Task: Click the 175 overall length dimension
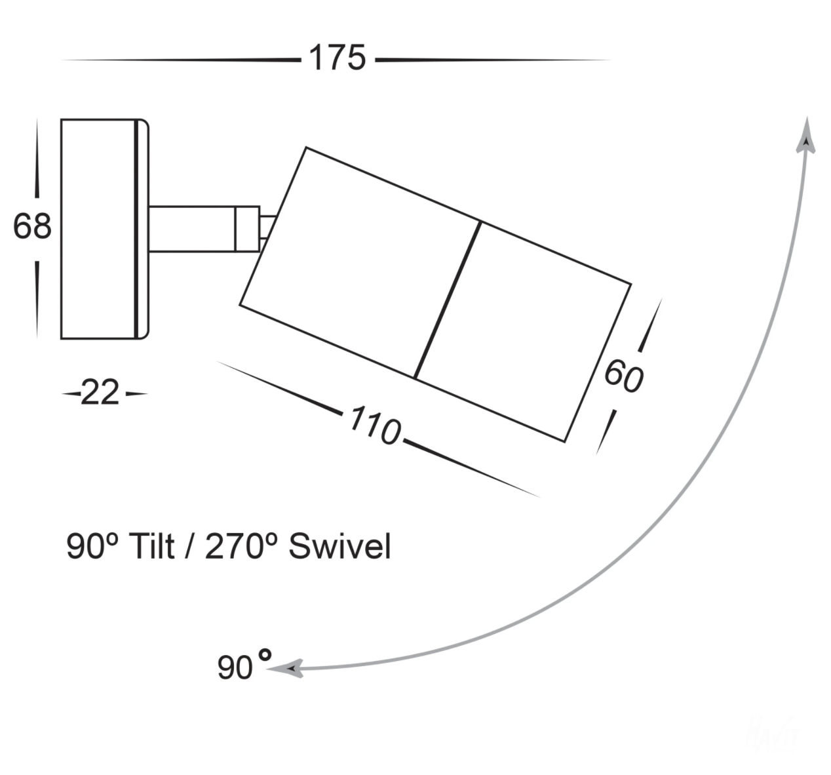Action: tap(338, 58)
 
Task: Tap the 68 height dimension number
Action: tap(32, 226)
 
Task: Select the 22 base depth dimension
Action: tap(100, 393)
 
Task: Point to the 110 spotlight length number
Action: tap(375, 426)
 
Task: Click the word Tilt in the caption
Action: tap(152, 546)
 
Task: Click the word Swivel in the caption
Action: tap(339, 546)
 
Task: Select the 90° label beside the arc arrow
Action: tap(244, 665)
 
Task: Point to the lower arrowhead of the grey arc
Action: tap(284, 669)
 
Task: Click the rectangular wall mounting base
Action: tap(105, 229)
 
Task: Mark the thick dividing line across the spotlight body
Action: tap(448, 300)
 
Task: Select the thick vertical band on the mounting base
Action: tap(136, 229)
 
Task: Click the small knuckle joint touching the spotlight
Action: tap(268, 229)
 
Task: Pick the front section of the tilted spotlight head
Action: tap(522, 332)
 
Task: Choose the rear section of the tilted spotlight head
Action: tap(360, 263)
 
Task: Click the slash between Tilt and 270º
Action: tap(189, 546)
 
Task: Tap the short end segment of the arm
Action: tap(247, 229)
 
